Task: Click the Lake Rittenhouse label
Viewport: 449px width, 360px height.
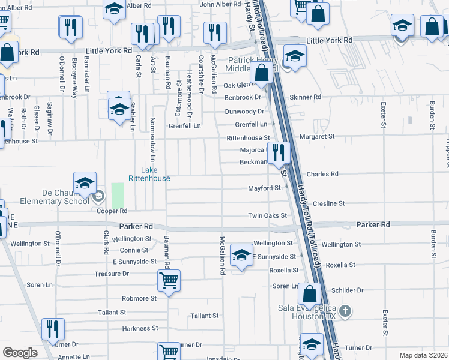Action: click(x=149, y=174)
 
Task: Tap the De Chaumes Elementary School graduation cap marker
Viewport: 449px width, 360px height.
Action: click(x=85, y=183)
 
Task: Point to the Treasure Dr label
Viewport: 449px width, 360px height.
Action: click(x=112, y=274)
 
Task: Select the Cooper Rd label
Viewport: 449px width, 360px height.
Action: click(x=112, y=211)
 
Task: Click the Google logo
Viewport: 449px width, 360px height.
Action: click(x=20, y=353)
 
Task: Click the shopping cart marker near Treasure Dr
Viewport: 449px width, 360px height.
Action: click(x=169, y=280)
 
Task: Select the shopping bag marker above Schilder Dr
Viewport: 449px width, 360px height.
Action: click(x=310, y=295)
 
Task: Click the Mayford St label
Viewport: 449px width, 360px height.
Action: click(x=265, y=188)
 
